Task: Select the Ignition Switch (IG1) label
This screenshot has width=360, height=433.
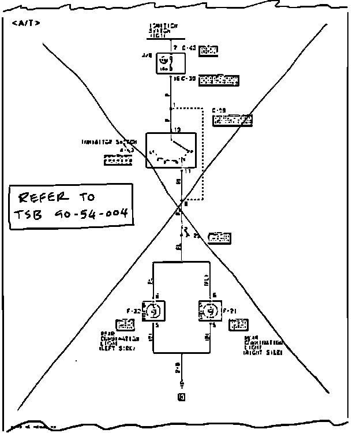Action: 163,31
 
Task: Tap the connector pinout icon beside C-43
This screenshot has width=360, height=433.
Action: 208,51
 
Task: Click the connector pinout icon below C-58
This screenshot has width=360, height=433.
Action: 232,121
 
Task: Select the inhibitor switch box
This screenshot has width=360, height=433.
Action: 171,150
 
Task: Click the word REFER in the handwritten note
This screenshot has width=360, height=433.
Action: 44,198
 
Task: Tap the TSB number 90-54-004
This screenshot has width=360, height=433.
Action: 87,217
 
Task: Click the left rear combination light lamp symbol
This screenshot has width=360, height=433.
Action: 154,311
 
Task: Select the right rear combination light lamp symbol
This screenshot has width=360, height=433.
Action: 210,311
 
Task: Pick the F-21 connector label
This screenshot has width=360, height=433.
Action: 231,311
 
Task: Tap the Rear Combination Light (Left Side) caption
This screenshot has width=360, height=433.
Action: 119,341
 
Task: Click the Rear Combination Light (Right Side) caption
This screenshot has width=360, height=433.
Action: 262,345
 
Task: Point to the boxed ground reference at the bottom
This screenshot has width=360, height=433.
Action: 182,397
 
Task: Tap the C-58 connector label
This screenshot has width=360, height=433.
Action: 218,110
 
